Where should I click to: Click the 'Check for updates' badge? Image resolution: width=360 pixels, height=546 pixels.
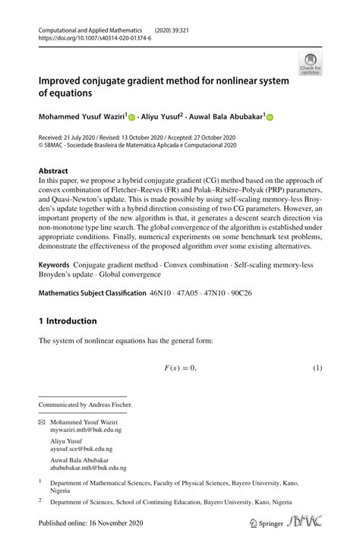310,64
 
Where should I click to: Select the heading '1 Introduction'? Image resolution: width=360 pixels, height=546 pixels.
68,321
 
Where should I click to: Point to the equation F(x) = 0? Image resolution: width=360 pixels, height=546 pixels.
180,368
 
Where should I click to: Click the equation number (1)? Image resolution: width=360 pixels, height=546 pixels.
318,368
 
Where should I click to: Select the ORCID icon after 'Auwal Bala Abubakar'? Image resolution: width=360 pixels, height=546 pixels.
269,118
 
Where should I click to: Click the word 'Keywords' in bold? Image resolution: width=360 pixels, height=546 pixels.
59,267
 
